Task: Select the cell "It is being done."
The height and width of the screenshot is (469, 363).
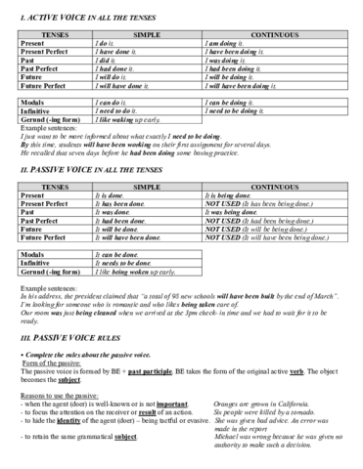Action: tap(230, 195)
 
